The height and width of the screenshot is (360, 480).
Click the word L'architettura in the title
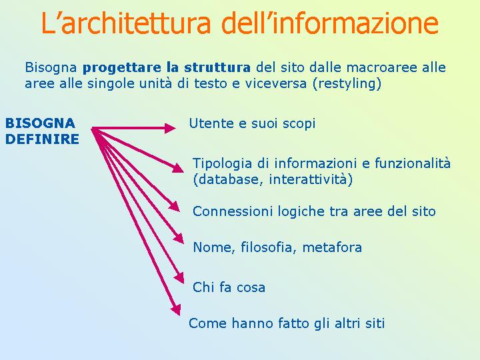pyautogui.click(x=126, y=23)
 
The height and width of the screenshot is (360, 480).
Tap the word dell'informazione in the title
pyautogui.click(x=330, y=23)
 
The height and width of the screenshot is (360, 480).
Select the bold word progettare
pyautogui.click(x=122, y=68)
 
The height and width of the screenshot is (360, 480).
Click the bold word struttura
pyautogui.click(x=217, y=67)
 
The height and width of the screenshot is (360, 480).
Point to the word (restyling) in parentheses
pyautogui.click(x=347, y=83)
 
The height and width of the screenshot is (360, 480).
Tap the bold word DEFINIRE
pyautogui.click(x=42, y=139)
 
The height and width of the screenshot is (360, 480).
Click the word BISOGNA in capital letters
pyautogui.click(x=40, y=123)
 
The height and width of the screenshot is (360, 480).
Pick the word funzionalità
pyautogui.click(x=413, y=163)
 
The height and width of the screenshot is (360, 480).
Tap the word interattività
pyautogui.click(x=311, y=179)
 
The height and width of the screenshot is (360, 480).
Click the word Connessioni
pyautogui.click(x=233, y=211)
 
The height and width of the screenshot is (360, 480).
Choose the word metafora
pyautogui.click(x=332, y=247)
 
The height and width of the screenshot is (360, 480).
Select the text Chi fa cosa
pyautogui.click(x=229, y=287)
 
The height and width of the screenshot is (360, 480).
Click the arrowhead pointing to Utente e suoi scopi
pyautogui.click(x=170, y=128)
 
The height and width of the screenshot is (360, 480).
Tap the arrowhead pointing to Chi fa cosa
pyautogui.click(x=179, y=277)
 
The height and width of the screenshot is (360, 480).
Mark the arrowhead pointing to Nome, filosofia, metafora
pyautogui.click(x=179, y=238)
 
